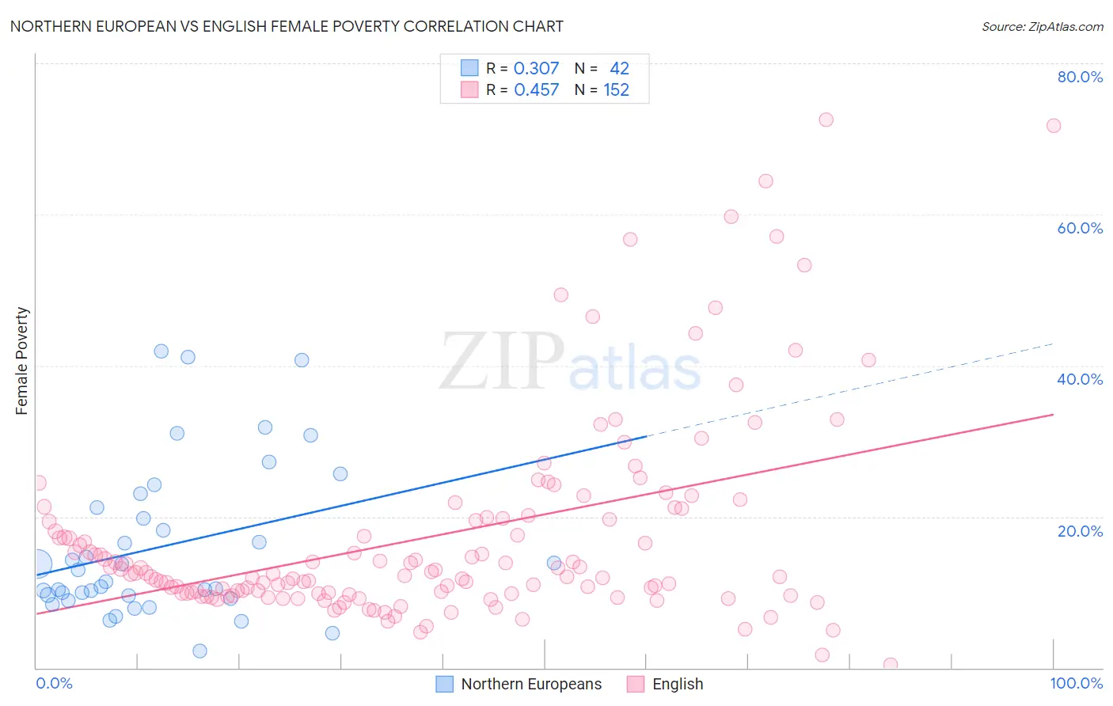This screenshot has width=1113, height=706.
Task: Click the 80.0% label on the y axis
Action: (1079, 77)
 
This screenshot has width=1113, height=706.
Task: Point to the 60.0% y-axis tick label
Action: (1079, 228)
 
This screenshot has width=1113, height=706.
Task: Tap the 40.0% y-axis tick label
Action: (1079, 379)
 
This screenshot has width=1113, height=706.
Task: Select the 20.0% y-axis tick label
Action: (1079, 531)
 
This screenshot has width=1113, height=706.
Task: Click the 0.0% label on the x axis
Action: (54, 683)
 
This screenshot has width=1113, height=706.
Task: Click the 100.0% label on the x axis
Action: (1076, 683)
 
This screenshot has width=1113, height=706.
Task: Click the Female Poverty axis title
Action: (22, 361)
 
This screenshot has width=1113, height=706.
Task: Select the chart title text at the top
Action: (287, 26)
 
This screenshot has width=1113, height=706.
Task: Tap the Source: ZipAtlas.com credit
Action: (1042, 26)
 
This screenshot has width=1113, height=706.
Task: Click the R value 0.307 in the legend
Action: (536, 68)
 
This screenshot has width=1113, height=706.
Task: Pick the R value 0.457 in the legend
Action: (536, 90)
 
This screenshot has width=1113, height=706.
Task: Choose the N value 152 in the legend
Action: (616, 90)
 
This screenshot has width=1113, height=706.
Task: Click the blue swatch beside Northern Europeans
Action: (445, 684)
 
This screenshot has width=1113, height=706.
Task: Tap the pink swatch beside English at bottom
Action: (636, 684)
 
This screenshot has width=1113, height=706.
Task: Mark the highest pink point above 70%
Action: (826, 120)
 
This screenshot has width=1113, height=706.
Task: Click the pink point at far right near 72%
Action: (1054, 126)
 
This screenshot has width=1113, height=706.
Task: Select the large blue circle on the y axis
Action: (36, 564)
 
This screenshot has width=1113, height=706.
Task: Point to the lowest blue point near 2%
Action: (199, 651)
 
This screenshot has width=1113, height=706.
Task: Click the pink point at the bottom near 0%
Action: (891, 665)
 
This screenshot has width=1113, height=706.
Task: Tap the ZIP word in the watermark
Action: (502, 362)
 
